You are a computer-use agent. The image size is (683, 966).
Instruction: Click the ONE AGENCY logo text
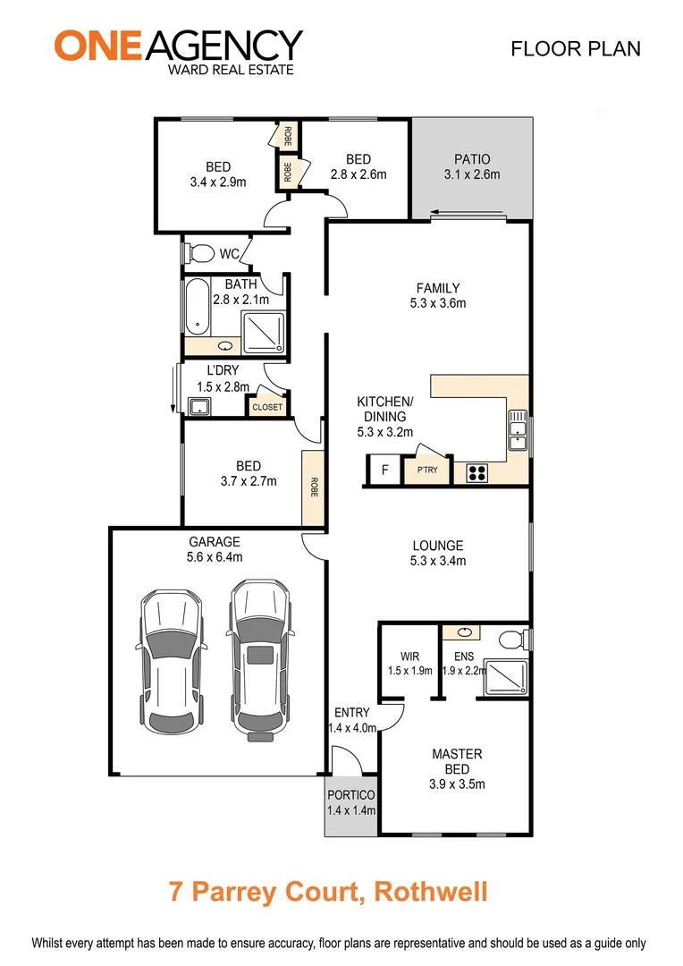pos(179,45)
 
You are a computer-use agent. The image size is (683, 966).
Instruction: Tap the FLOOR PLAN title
pos(575,48)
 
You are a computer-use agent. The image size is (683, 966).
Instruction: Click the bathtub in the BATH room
pos(198,306)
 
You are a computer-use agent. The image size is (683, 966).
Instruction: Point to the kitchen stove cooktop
pos(476,472)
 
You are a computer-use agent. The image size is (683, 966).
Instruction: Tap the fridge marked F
pos(384,470)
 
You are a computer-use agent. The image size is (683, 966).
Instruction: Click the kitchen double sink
pos(518,430)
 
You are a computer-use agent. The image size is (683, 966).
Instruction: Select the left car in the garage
pos(170,660)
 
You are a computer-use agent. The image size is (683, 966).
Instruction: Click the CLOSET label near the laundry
pos(266,407)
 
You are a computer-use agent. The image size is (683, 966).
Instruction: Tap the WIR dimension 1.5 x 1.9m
pos(410,671)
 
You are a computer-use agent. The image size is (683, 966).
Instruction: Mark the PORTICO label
pos(351,795)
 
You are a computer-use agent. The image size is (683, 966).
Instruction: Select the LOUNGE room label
pos(437,546)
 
